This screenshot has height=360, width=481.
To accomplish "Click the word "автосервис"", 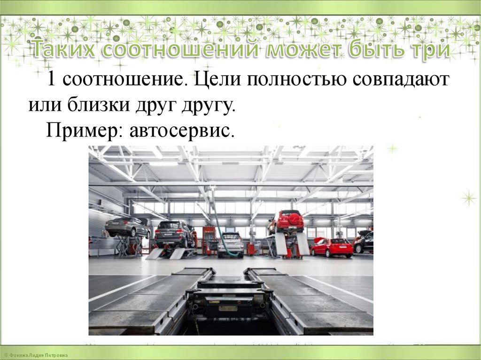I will point(179,130).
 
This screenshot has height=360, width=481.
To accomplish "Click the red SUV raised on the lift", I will point(286,221).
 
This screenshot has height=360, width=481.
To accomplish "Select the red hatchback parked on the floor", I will point(332,247).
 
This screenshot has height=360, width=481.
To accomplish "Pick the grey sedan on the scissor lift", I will point(127,227).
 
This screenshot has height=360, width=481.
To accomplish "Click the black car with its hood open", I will point(365,241).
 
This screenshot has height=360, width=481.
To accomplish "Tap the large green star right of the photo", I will point(468,198).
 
